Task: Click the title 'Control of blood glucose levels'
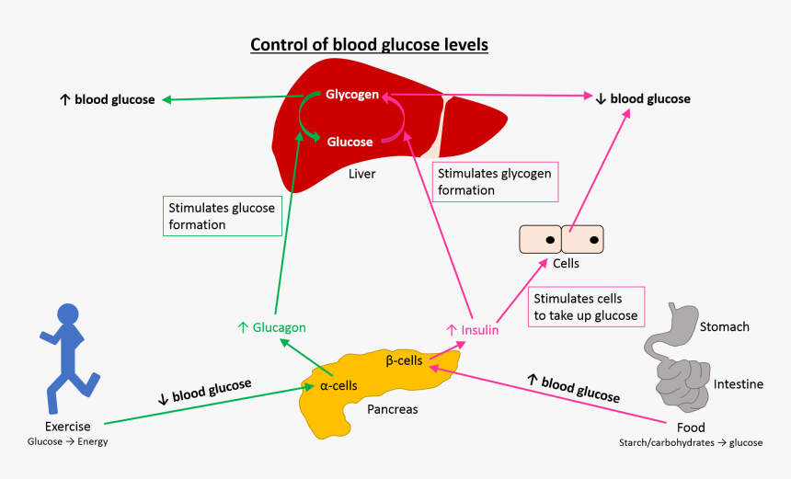click(x=369, y=45)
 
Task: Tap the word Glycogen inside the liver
click(x=351, y=95)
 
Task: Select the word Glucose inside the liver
click(x=350, y=142)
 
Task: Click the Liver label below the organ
click(x=361, y=173)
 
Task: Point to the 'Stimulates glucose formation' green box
click(x=221, y=216)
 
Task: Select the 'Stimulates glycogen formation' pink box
click(x=495, y=182)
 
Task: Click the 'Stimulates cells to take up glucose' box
click(x=585, y=308)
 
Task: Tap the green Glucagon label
click(x=271, y=327)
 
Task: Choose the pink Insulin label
click(x=472, y=329)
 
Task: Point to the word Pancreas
click(x=392, y=409)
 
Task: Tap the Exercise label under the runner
click(x=67, y=427)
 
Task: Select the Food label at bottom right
click(x=691, y=428)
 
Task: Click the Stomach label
click(x=724, y=326)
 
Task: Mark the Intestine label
click(x=738, y=384)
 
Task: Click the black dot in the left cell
click(x=550, y=241)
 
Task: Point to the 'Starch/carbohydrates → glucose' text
click(x=691, y=442)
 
